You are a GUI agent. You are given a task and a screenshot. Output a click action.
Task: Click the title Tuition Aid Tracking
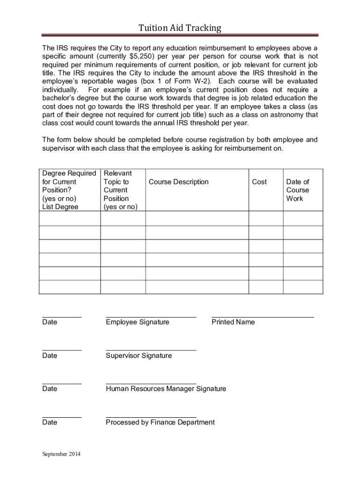(x=180, y=29)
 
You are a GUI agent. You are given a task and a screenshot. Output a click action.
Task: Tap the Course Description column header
(x=178, y=182)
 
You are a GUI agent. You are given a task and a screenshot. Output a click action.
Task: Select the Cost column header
(x=259, y=182)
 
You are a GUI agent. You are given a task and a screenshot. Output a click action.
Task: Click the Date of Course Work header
(x=298, y=190)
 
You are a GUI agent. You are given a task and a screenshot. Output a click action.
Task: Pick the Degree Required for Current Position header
(x=69, y=190)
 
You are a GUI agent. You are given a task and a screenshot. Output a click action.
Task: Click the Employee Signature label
(x=137, y=322)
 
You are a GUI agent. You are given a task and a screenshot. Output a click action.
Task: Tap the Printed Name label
(x=233, y=322)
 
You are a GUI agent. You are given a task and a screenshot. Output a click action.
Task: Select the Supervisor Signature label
(x=139, y=356)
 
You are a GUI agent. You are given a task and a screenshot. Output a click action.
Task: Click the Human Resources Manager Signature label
(x=166, y=389)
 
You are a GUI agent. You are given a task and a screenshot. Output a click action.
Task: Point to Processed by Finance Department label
(x=160, y=422)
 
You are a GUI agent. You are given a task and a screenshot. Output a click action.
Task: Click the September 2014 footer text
(x=61, y=455)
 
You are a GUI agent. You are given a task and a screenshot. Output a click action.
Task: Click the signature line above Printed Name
(x=263, y=317)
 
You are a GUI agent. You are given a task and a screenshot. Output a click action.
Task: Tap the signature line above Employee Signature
(x=151, y=317)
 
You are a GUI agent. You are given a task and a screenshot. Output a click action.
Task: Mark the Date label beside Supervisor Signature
(x=50, y=356)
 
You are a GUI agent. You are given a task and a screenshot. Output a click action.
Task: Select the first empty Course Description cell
(x=197, y=218)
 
